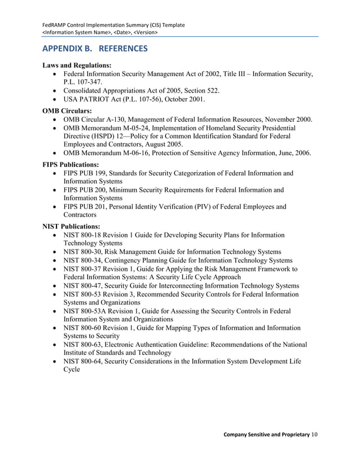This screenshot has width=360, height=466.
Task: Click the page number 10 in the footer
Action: [x=315, y=434]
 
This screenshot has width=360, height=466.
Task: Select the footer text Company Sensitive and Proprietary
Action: [x=266, y=434]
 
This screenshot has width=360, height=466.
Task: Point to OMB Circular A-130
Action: [x=96, y=120]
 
